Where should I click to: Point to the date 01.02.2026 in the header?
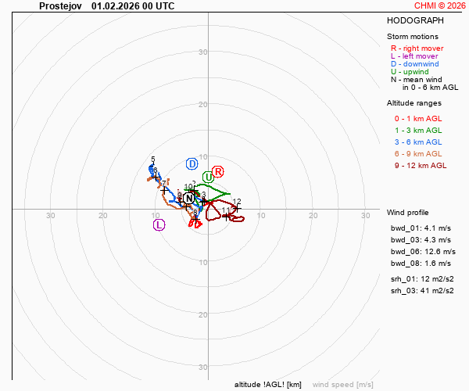[x=115, y=5]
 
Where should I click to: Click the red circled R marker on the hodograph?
[x=218, y=172]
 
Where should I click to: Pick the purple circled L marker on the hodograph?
[x=159, y=225]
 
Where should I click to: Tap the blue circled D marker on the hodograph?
[x=192, y=164]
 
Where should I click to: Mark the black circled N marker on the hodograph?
[x=188, y=199]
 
